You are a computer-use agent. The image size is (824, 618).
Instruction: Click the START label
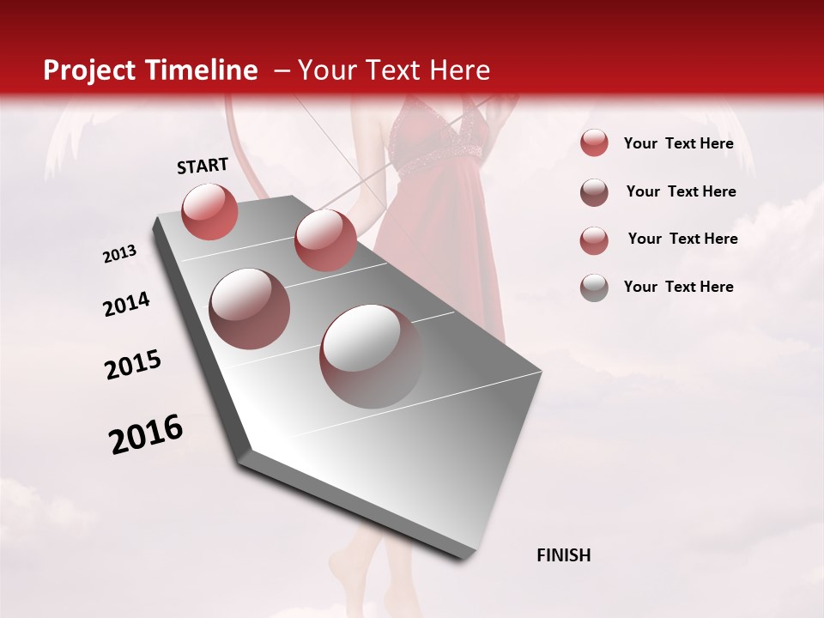(x=203, y=166)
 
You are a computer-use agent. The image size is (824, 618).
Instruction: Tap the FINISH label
(x=564, y=555)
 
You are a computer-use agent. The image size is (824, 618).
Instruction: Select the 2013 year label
(x=119, y=254)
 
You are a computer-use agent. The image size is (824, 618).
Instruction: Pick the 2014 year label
(x=126, y=305)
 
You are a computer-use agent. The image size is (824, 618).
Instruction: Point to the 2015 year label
(x=133, y=365)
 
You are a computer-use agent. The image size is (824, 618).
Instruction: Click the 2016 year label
(x=146, y=434)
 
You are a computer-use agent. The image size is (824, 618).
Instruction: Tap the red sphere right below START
(x=209, y=211)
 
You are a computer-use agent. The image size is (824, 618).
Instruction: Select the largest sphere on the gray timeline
(x=371, y=355)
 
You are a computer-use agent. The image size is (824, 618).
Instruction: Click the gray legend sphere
(x=594, y=288)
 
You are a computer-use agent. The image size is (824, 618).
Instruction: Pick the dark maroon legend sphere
(x=594, y=192)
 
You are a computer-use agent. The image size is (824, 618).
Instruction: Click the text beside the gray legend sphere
(x=678, y=287)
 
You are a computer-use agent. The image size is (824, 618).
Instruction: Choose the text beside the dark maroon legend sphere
(x=681, y=191)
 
